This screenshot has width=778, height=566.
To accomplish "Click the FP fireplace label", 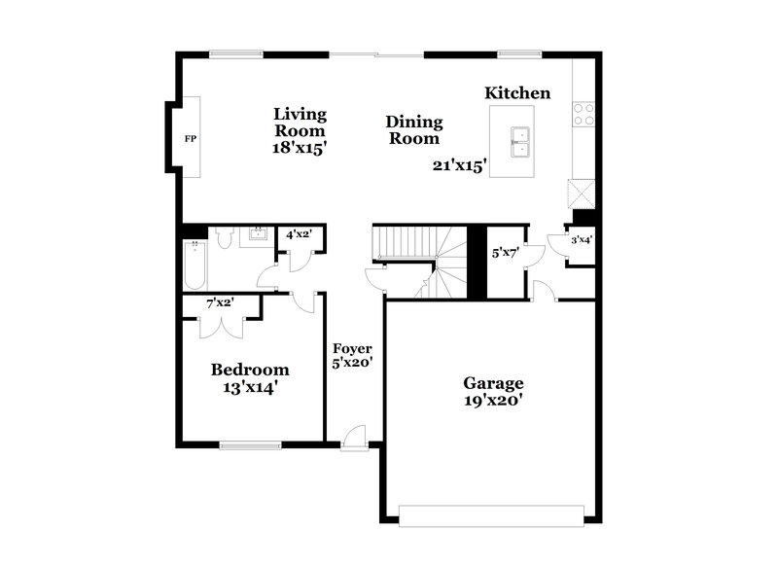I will [191, 139].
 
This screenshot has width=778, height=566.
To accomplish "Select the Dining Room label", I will [414, 130].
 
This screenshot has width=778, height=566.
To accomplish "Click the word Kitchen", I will [517, 93].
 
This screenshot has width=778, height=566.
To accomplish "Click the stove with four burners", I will [583, 115].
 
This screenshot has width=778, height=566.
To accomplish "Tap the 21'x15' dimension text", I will [460, 165].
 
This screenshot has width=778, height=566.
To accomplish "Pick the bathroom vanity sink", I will [259, 234].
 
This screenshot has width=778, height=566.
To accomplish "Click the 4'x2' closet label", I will [298, 234].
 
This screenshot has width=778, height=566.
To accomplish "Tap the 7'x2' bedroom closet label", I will [220, 303].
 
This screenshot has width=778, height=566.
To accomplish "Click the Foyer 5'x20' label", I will [353, 355].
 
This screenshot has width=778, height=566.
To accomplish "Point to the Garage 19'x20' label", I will [493, 391].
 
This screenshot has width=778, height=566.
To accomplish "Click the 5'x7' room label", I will [505, 253].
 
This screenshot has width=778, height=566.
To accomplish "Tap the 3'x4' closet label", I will [581, 239].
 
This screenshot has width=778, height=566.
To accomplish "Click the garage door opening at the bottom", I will [493, 513].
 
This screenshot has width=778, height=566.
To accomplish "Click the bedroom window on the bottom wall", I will [250, 445].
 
